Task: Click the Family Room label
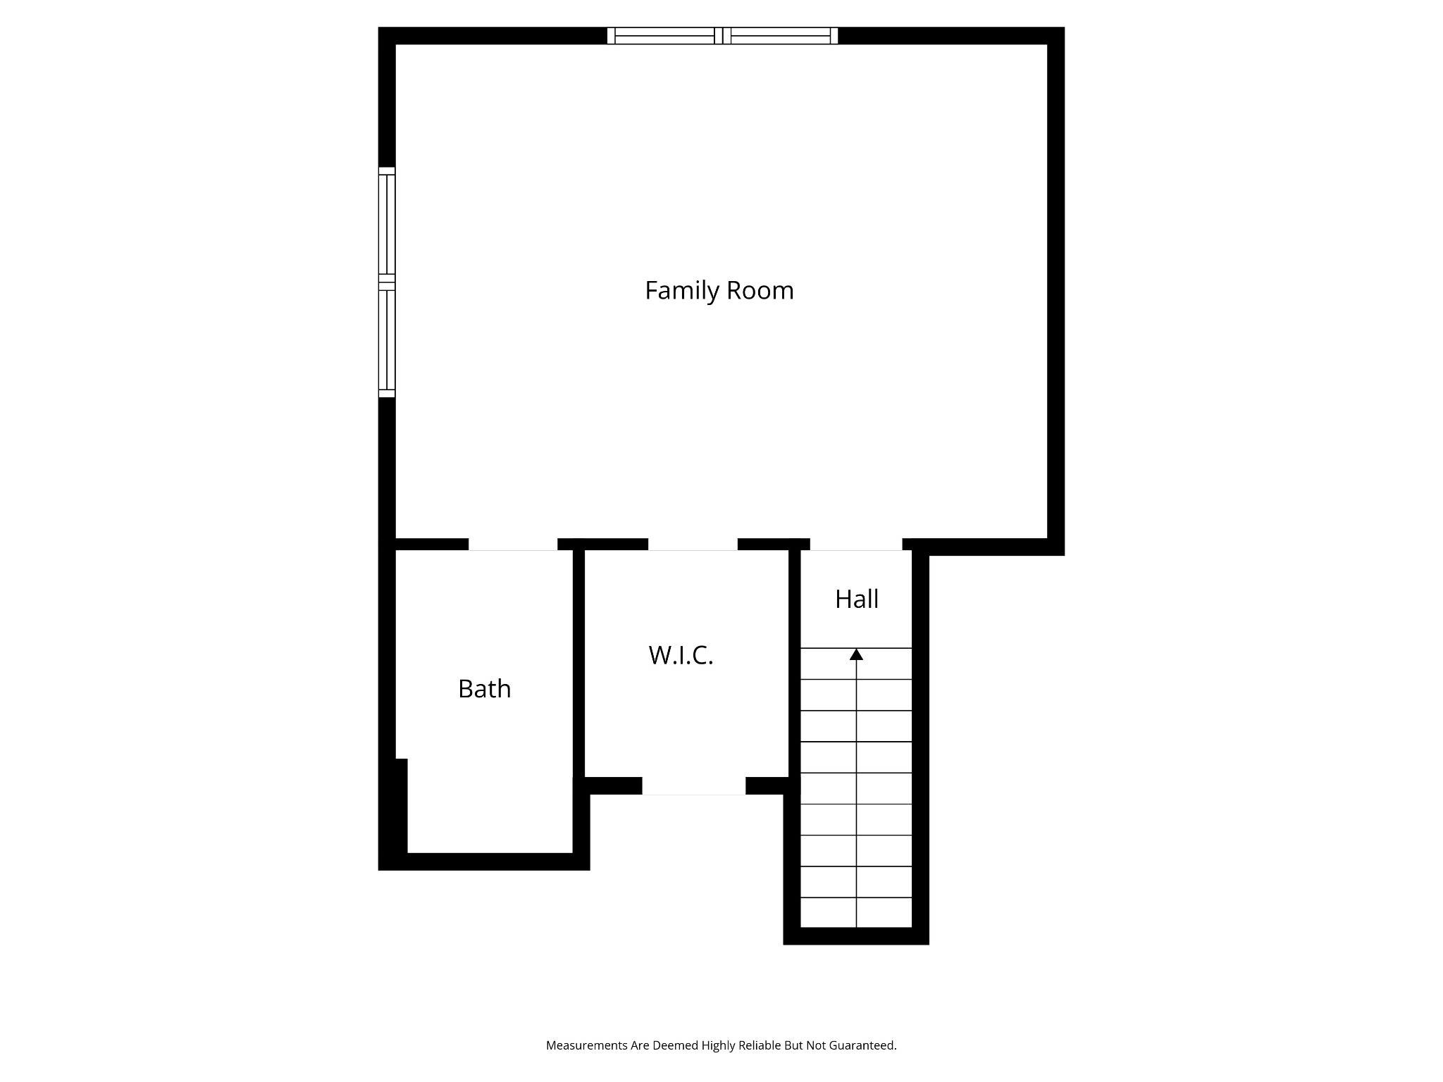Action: (x=719, y=291)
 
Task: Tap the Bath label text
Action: (x=484, y=688)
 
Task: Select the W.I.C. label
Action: (x=681, y=655)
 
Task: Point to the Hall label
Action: (x=857, y=599)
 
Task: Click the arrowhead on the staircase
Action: (x=856, y=654)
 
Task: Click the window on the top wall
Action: (x=722, y=35)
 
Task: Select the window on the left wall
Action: (x=387, y=282)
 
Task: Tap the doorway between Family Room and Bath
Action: (x=513, y=545)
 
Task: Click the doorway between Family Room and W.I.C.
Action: (x=693, y=545)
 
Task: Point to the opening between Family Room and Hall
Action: (x=856, y=545)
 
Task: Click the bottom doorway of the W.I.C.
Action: (x=693, y=786)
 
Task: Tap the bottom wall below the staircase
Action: (x=856, y=936)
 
